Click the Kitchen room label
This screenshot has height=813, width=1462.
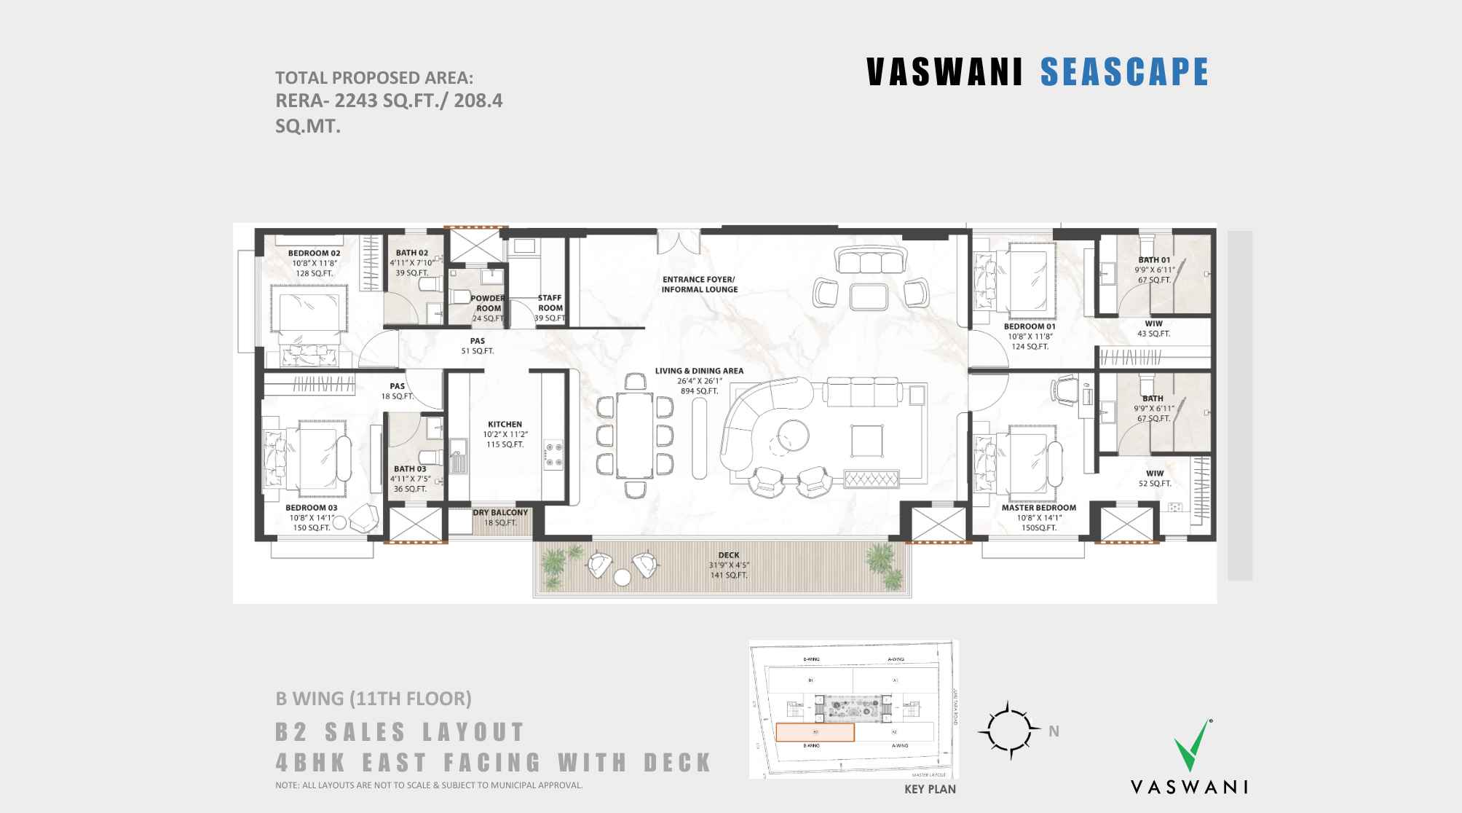click(x=505, y=424)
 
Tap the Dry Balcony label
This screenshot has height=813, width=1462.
click(x=500, y=513)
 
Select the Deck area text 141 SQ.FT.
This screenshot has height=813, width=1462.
click(x=729, y=576)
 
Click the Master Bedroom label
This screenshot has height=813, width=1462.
click(x=1038, y=508)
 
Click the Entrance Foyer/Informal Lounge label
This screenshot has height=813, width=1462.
click(x=699, y=284)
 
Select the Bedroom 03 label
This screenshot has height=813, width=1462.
click(x=311, y=508)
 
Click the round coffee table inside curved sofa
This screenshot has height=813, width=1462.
click(x=790, y=436)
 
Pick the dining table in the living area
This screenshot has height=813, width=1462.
click(x=635, y=436)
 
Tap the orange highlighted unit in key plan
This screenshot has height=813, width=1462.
click(x=814, y=732)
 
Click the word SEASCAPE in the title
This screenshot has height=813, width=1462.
click(x=1124, y=72)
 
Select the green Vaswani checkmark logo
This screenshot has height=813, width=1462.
click(x=1192, y=745)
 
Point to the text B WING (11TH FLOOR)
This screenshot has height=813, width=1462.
click(x=373, y=699)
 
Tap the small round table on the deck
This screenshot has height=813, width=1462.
click(x=622, y=578)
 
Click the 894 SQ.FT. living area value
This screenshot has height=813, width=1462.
click(x=699, y=391)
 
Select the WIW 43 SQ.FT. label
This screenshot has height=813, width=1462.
click(x=1153, y=329)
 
